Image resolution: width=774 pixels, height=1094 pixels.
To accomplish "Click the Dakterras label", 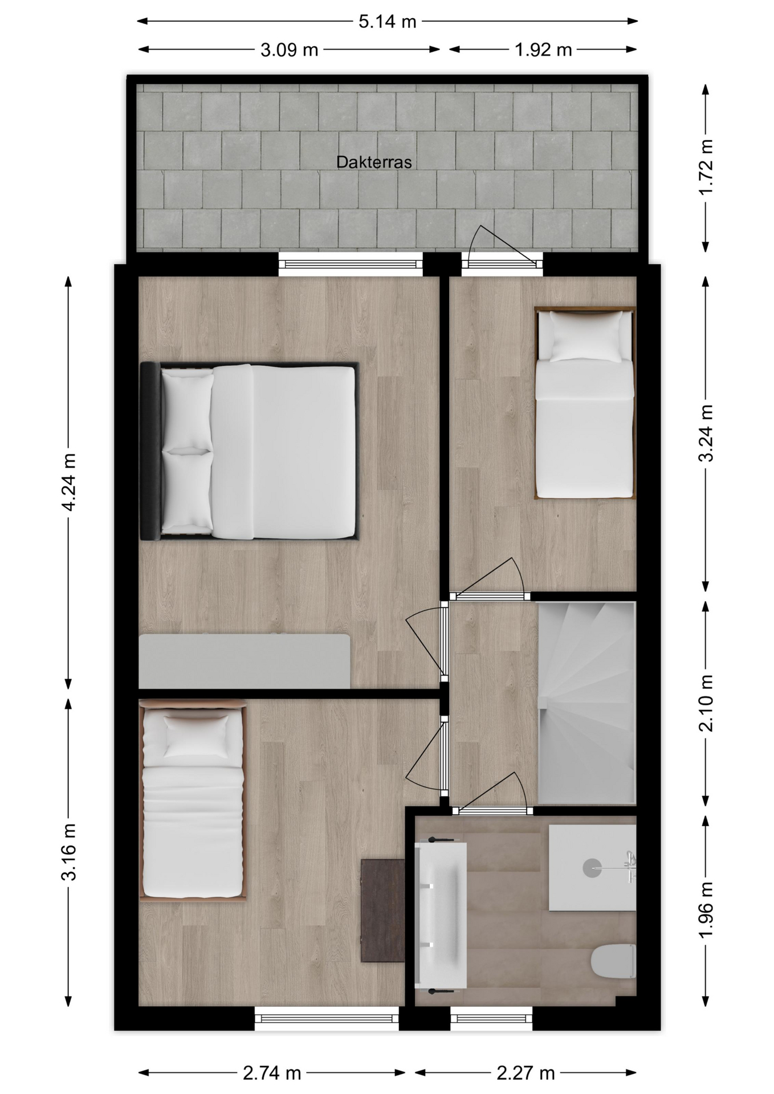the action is (x=374, y=162).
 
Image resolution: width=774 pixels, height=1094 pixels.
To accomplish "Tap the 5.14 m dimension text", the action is (x=388, y=22).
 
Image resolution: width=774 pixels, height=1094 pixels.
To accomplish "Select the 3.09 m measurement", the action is (x=290, y=50).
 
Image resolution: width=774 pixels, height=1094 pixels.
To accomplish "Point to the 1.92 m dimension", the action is (x=543, y=50).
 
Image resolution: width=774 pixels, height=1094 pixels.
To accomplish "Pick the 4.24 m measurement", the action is (x=68, y=482).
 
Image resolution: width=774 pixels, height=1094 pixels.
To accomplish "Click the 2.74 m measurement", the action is (x=272, y=1073).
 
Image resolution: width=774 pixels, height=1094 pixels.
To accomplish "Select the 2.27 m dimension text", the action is (x=525, y=1073).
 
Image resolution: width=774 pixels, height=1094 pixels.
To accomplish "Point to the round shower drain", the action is (x=592, y=868).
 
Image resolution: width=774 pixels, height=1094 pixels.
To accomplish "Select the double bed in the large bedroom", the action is (x=249, y=451).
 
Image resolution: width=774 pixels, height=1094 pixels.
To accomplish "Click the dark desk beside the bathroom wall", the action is (x=383, y=911).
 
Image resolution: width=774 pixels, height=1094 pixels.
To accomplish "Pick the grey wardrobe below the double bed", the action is (x=245, y=661).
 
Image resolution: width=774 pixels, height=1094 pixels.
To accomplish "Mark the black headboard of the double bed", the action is (x=150, y=451).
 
